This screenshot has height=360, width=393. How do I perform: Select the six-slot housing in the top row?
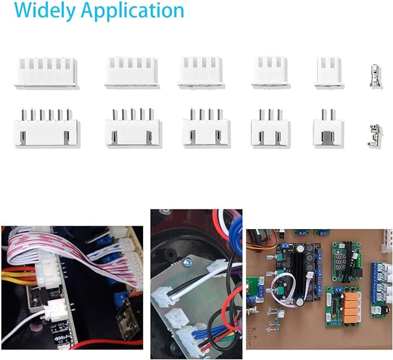point(46,73)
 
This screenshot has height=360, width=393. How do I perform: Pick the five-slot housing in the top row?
point(131,72)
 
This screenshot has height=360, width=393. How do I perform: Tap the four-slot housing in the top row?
point(201,72)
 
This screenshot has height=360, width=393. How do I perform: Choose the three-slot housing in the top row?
point(271,72)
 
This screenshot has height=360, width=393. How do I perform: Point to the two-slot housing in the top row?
point(329,72)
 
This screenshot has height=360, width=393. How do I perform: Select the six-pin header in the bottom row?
point(46,128)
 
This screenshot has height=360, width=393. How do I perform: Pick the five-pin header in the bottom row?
point(131,128)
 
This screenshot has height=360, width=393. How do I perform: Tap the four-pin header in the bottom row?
point(206,128)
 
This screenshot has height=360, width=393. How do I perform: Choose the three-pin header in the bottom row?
point(270,128)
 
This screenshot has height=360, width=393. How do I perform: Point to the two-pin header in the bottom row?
point(328,128)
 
